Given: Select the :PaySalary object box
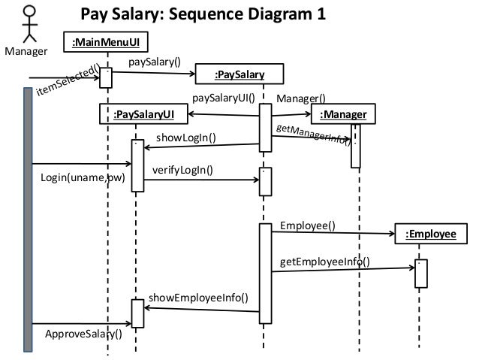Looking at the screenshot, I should point(239,74).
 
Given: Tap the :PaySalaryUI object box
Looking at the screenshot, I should point(143,113).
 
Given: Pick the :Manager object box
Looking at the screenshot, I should point(342,114).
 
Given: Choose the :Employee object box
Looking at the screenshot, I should point(430,234).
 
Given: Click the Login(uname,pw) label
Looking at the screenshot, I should point(82,179).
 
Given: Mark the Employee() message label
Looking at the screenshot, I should point(308,225).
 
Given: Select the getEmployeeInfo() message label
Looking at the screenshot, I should point(324,262).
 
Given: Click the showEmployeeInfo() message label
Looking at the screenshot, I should point(199,298).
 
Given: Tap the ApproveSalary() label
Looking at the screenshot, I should point(83,333).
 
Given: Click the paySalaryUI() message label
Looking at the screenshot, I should point(224,98).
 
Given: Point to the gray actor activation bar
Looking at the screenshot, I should point(28,218).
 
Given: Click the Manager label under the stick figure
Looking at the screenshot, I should point(26,52).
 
